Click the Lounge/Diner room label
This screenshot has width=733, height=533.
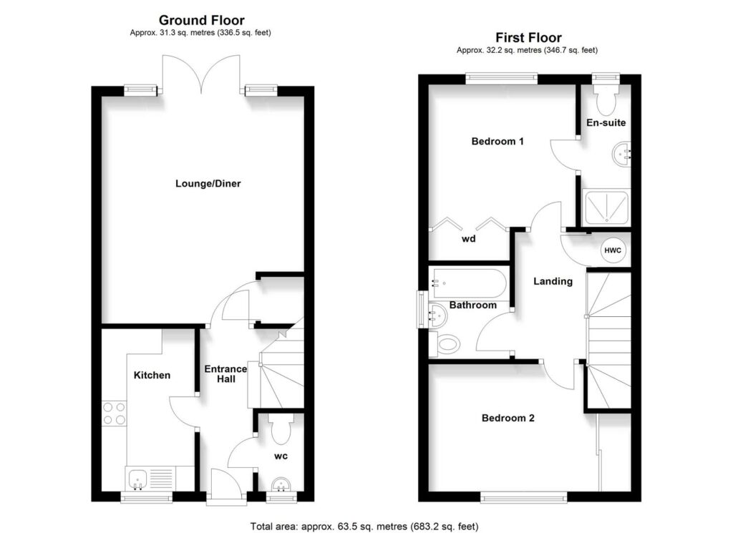[x=208, y=184]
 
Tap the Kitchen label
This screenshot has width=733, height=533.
[x=152, y=375]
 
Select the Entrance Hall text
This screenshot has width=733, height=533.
[x=226, y=373]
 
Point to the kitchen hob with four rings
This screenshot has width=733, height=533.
[x=115, y=413]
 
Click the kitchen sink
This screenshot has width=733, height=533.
[x=136, y=478]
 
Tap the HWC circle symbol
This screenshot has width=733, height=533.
[x=613, y=249]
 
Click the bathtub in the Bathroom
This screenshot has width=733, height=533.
[x=470, y=285]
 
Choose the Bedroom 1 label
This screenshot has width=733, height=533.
[x=497, y=142]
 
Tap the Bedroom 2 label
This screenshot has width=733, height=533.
[x=508, y=418]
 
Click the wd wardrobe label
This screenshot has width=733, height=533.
[x=468, y=239]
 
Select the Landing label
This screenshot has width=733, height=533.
[x=553, y=281]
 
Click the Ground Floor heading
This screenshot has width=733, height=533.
[x=201, y=20]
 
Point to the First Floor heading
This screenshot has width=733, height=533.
[x=529, y=37]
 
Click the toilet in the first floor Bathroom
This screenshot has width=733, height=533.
[x=447, y=344]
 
